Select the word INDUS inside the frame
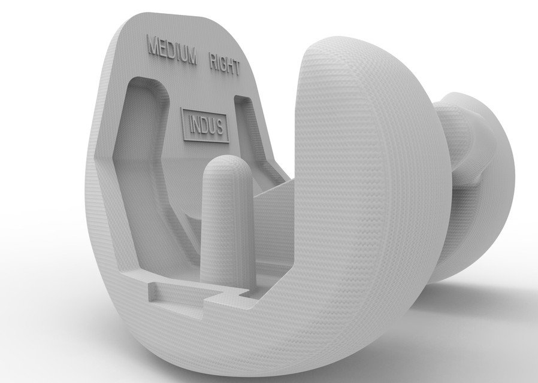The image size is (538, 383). pyautogui.click(x=207, y=126)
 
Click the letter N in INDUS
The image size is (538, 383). pyautogui.click(x=198, y=124)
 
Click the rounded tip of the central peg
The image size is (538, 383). pyautogui.click(x=223, y=163)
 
